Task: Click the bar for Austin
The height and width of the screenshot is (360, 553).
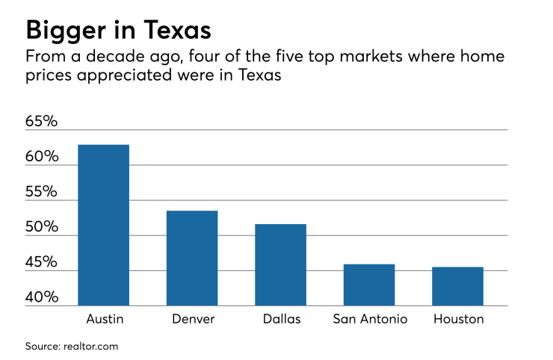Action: click(104, 225)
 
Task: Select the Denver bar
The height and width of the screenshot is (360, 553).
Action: click(192, 258)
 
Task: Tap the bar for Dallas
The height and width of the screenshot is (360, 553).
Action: click(280, 265)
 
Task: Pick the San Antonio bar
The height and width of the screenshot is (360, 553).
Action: click(369, 285)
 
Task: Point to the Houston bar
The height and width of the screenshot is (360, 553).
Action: click(457, 286)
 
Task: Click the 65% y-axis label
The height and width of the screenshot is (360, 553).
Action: click(41, 121)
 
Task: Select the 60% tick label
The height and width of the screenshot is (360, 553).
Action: click(41, 157)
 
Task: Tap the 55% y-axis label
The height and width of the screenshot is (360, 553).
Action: click(41, 192)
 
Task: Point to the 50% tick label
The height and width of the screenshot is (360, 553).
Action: click(41, 227)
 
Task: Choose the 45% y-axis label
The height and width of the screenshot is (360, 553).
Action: click(41, 262)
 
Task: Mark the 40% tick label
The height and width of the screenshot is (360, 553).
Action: click(41, 297)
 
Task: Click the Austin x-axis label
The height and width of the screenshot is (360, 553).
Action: click(105, 319)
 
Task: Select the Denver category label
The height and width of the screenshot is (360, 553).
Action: click(192, 319)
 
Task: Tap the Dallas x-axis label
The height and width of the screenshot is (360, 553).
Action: click(282, 319)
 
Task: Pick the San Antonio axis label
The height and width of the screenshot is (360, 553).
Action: click(370, 319)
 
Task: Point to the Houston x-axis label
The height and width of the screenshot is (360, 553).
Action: click(458, 319)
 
